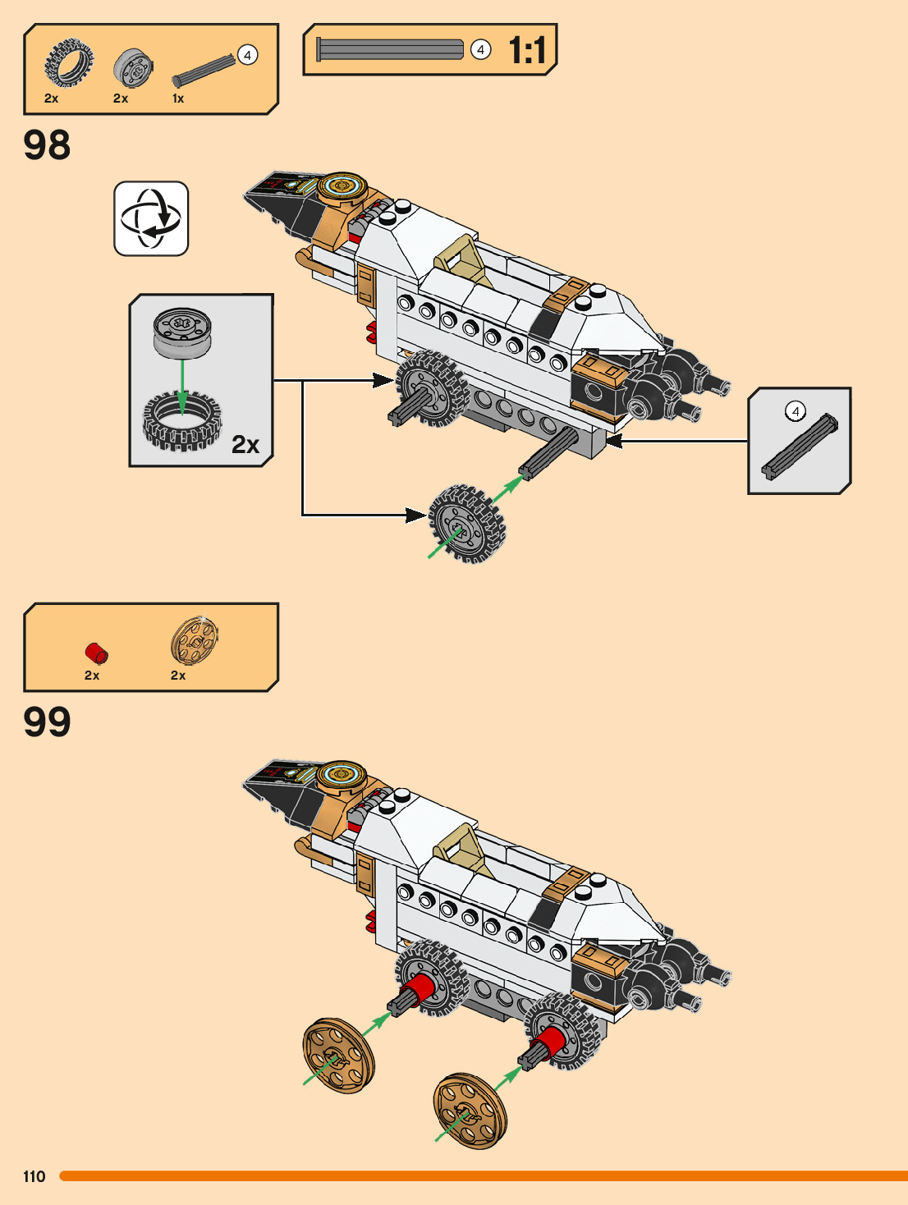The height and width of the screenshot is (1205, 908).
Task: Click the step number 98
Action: point(47,145)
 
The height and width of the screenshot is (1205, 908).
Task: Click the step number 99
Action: point(47,722)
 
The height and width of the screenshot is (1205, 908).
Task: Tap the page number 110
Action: point(34,1176)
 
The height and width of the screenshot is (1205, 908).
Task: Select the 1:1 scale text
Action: point(526,50)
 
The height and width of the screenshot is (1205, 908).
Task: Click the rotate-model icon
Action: point(151,218)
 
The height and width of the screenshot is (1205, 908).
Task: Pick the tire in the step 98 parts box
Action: point(69,63)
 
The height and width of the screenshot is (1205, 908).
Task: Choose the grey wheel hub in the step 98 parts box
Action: point(132,67)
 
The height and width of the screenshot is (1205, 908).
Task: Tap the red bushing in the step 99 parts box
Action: point(97,653)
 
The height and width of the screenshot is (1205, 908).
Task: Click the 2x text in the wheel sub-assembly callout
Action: point(245,444)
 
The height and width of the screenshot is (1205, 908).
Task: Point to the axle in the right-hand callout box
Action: point(798,447)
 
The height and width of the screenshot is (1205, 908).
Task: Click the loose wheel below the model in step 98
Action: point(466,523)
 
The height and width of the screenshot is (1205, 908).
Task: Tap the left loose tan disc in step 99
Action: point(338,1056)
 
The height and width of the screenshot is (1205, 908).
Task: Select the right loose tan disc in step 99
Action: point(470,1110)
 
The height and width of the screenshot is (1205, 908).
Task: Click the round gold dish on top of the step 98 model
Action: point(341,186)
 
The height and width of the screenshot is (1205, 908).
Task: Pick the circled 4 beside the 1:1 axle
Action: point(480,50)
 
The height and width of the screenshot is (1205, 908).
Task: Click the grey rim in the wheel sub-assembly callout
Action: point(182,332)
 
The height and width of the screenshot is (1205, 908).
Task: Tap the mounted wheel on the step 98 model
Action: point(431,388)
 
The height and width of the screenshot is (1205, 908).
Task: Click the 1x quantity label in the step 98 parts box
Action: point(178,99)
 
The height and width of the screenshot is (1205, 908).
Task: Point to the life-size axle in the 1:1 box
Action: point(390,50)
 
